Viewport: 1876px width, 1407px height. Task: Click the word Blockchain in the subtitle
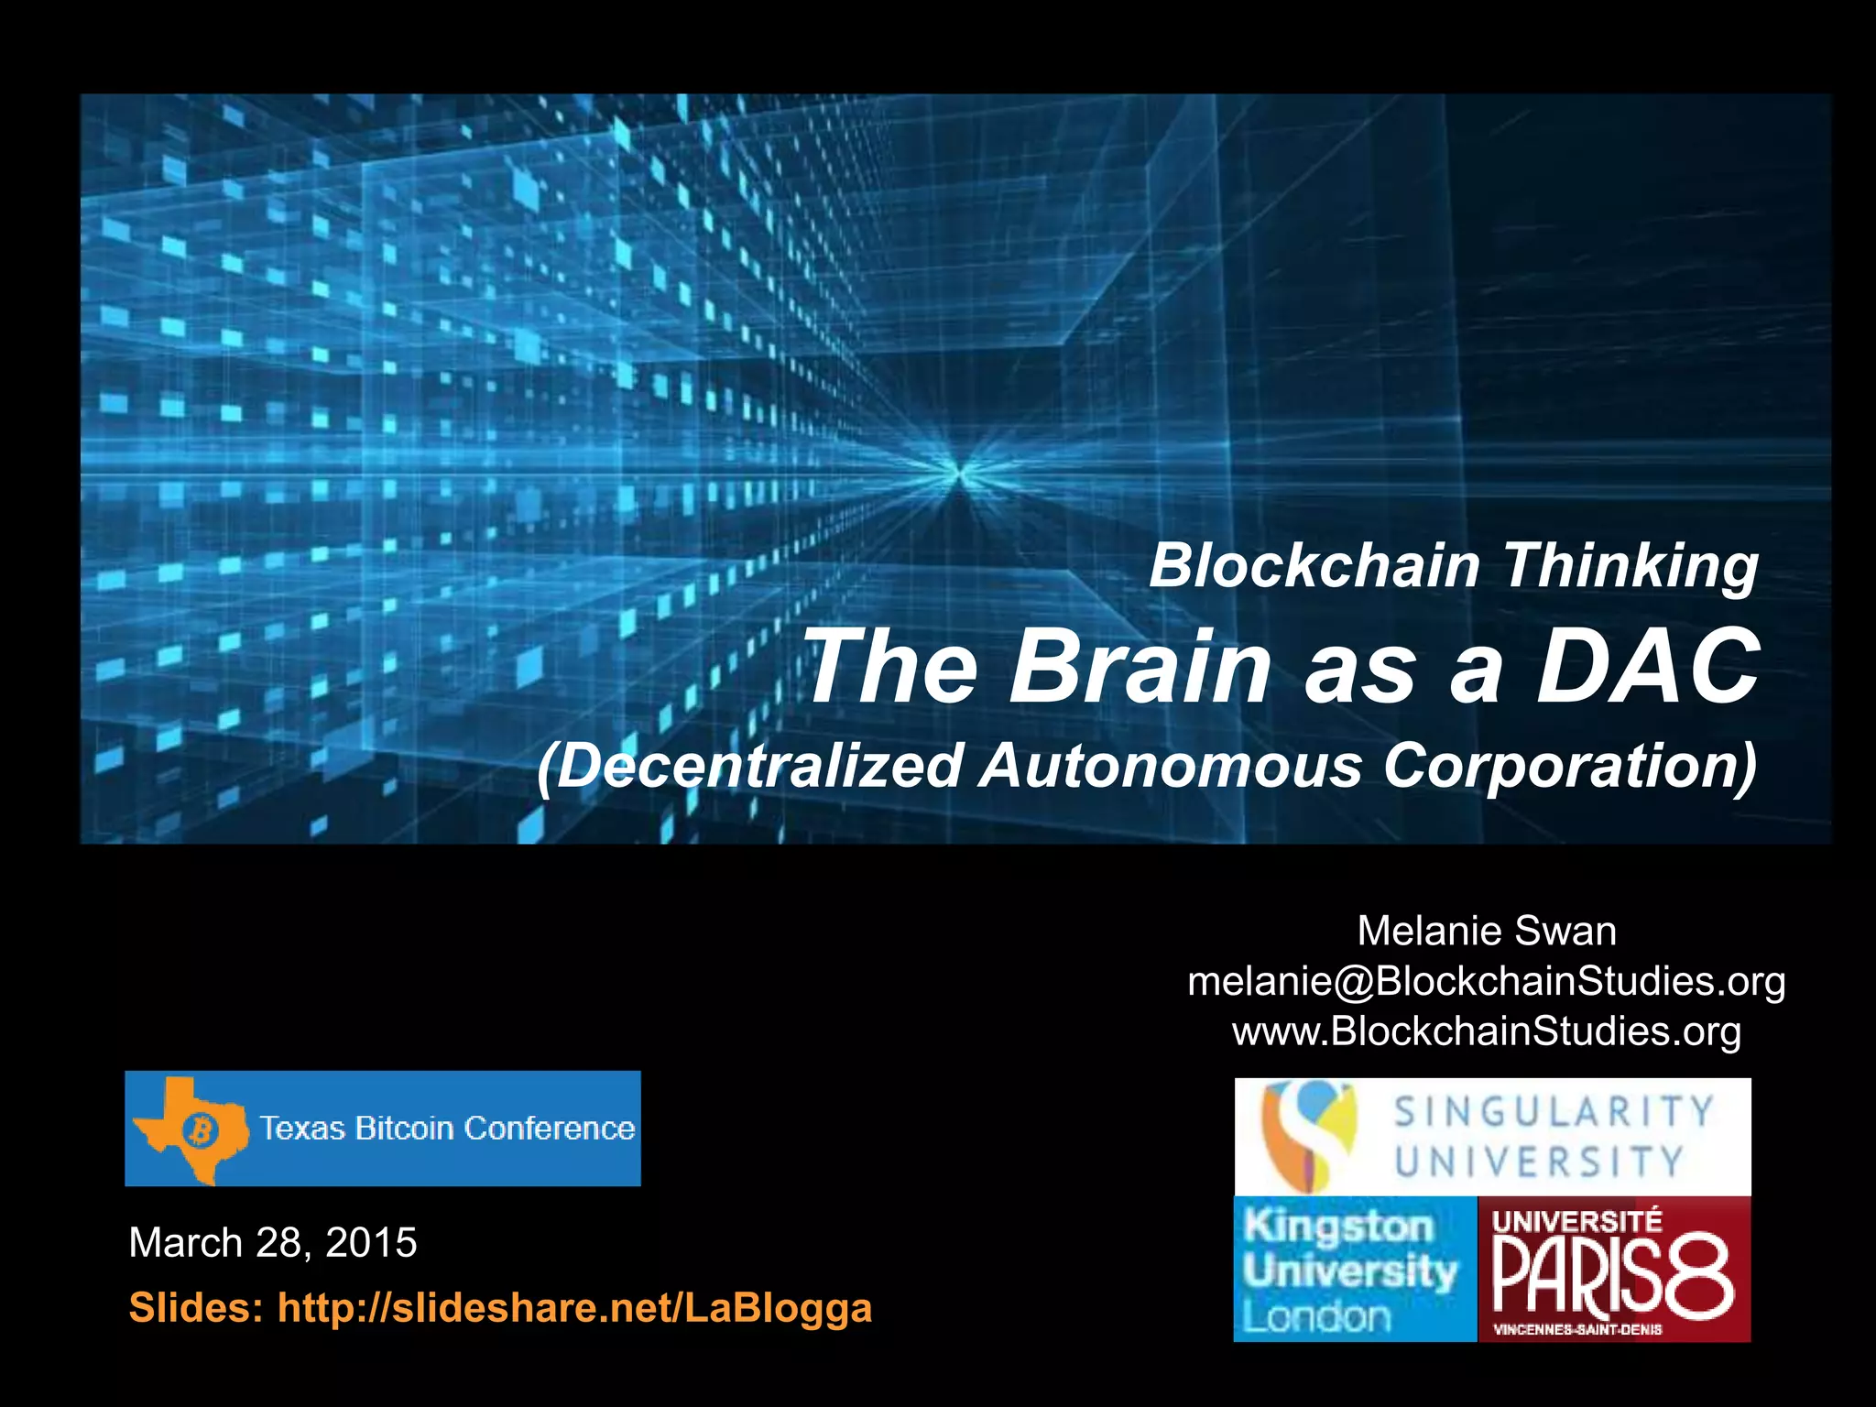pos(1314,565)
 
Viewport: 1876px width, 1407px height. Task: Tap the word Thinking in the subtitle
pos(1630,567)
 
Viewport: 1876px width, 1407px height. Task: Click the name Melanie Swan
pos(1486,931)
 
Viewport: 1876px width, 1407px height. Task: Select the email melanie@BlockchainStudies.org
pos(1486,981)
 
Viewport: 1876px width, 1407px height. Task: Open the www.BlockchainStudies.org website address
pos(1486,1031)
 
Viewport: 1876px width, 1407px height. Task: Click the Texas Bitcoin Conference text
pos(447,1129)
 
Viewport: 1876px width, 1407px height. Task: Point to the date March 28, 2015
pos(273,1243)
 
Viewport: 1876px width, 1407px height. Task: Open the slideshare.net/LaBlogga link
pos(574,1307)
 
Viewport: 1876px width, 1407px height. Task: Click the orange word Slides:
pos(195,1307)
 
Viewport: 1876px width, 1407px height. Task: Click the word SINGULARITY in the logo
pos(1553,1112)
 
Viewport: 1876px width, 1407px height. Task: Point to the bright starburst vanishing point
pos(959,473)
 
